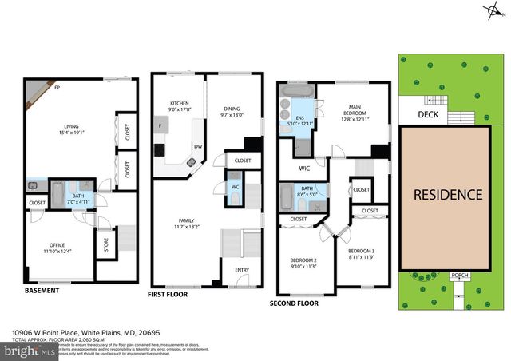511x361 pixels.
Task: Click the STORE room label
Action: (102, 246)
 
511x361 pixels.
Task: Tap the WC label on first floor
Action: (236, 188)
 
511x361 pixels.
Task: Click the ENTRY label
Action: (241, 269)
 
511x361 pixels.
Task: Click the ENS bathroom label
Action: (300, 117)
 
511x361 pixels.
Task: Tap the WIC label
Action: (304, 168)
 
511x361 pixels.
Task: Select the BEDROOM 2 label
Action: (303, 260)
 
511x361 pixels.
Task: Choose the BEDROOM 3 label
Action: (362, 253)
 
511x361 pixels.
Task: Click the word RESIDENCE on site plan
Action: (447, 194)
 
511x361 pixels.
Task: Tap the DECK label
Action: (428, 115)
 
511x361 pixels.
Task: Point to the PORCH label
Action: (459, 276)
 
